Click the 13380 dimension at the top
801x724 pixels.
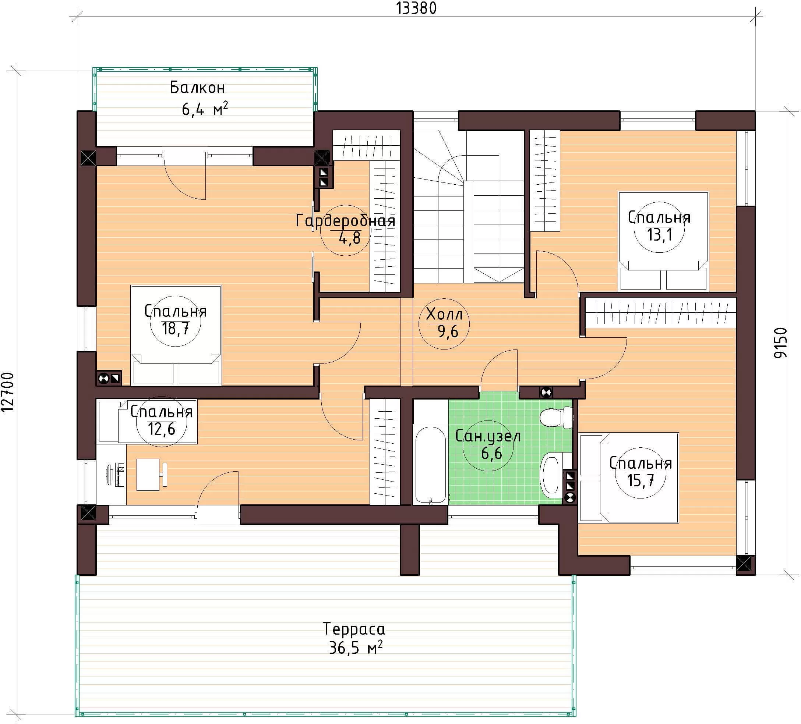pyautogui.click(x=416, y=8)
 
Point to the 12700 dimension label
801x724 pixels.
pyautogui.click(x=8, y=393)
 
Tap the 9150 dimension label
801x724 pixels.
pyautogui.click(x=781, y=343)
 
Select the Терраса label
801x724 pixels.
pyautogui.click(x=354, y=629)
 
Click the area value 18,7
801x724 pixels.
pyautogui.click(x=175, y=329)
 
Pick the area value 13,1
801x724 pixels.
pyautogui.click(x=660, y=235)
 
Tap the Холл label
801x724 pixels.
pyautogui.click(x=444, y=315)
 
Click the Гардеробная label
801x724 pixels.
pyautogui.click(x=346, y=220)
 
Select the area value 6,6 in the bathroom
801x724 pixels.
pyautogui.click(x=491, y=453)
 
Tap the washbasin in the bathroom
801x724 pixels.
pyautogui.click(x=552, y=475)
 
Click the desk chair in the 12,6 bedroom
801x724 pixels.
pyautogui.click(x=163, y=474)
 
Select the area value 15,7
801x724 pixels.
pyautogui.click(x=641, y=480)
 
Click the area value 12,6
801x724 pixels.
pyautogui.click(x=161, y=429)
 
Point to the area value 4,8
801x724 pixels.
pyautogui.click(x=350, y=238)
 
